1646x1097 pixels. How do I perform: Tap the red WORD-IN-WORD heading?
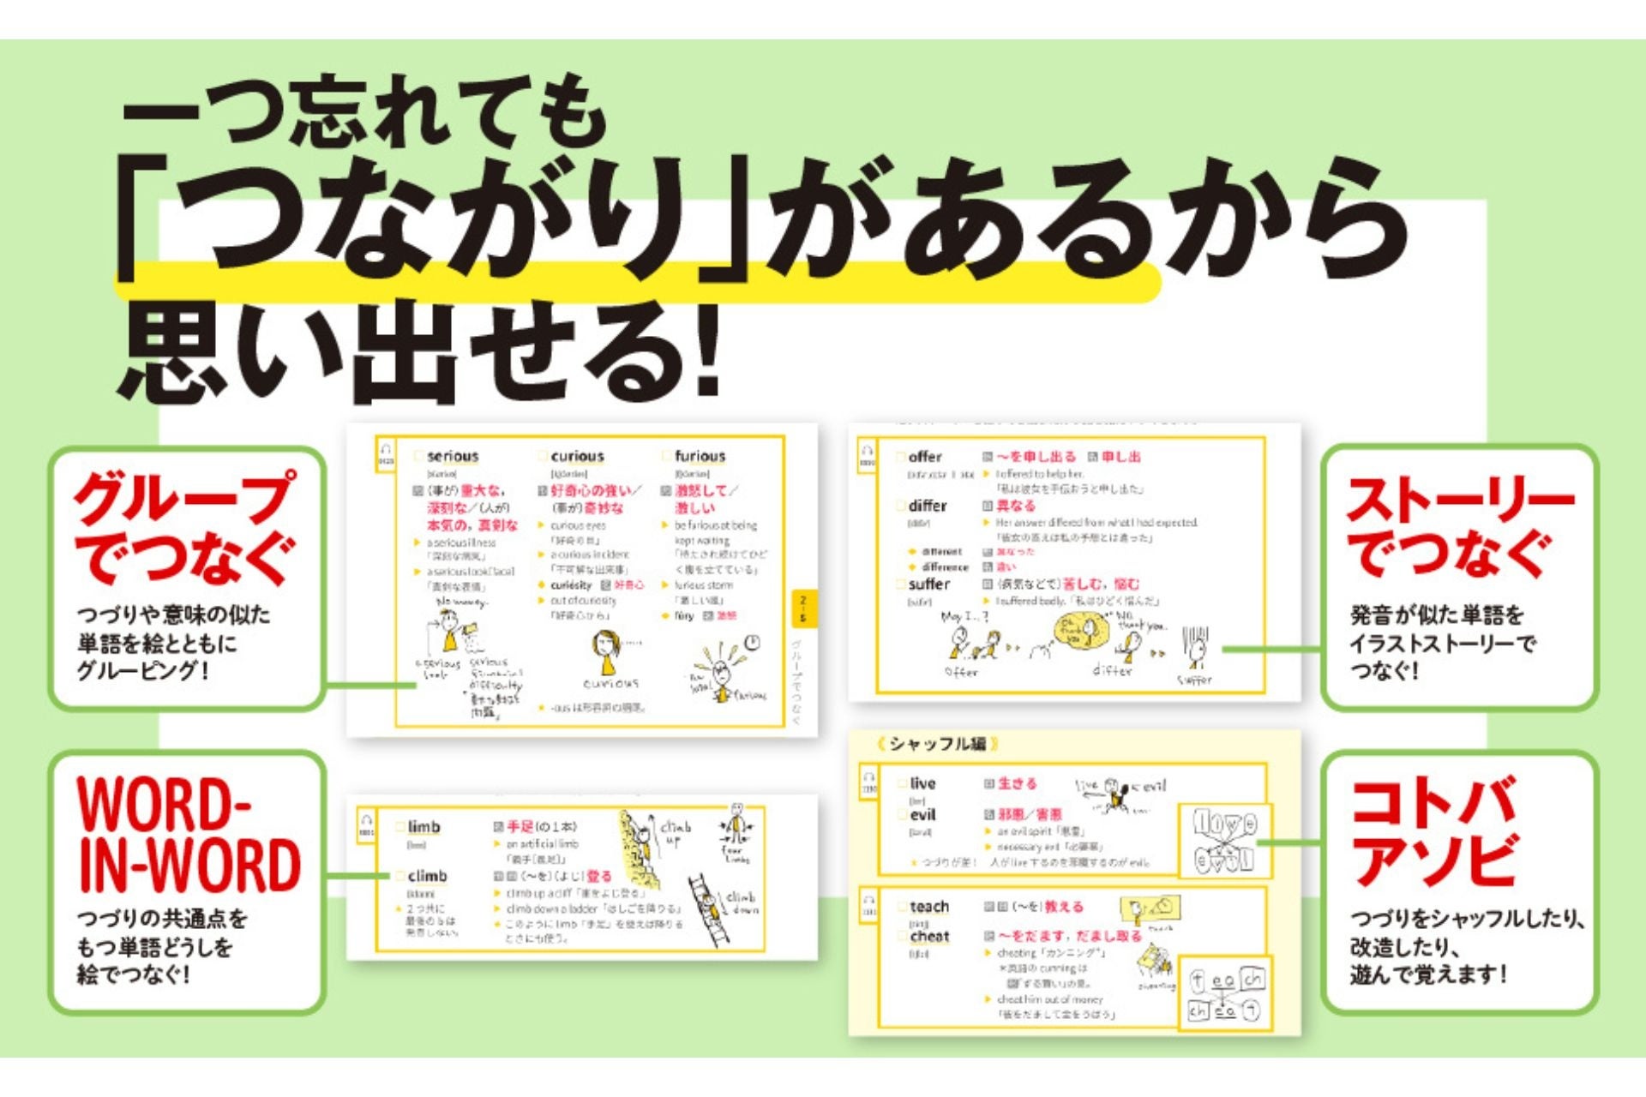[189, 836]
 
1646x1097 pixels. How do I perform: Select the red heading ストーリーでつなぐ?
[1459, 528]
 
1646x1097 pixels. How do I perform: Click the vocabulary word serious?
[453, 457]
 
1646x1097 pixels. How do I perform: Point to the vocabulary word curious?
[577, 457]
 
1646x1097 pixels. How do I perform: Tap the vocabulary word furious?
[700, 457]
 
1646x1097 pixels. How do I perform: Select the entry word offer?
[925, 458]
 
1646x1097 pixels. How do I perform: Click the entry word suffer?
[928, 584]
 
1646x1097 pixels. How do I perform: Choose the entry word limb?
[424, 827]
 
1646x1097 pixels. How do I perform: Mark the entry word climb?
[427, 876]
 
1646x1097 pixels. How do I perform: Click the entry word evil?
[922, 815]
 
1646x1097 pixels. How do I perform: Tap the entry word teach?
[929, 907]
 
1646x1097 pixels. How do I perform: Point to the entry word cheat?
[929, 937]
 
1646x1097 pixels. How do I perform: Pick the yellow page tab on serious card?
[802, 608]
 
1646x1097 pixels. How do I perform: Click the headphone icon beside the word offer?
[867, 453]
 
